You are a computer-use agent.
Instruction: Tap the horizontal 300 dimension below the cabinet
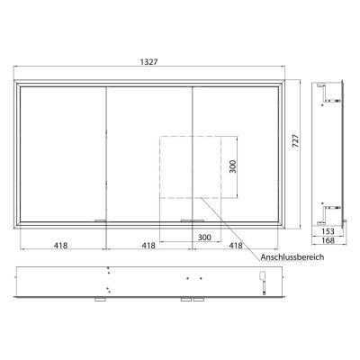[x=205, y=237]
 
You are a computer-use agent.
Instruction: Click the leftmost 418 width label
[x=62, y=244]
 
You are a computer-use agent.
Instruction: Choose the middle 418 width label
[x=149, y=244]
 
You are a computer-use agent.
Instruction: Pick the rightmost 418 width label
[x=237, y=244]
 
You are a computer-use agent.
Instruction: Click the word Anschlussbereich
[x=291, y=256]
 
